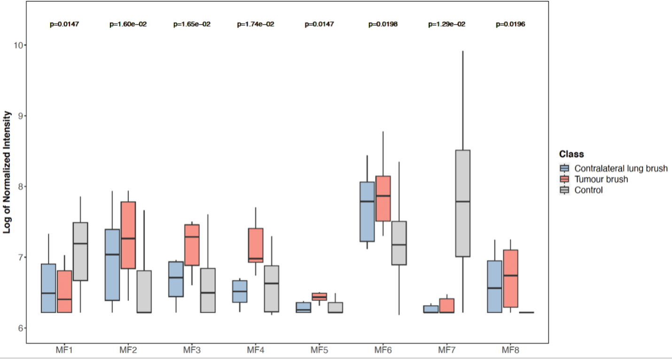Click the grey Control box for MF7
(x=462, y=203)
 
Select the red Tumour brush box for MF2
(x=128, y=235)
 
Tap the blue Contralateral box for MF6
(x=367, y=211)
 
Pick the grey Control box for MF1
(x=80, y=251)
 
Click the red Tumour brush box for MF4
(x=255, y=245)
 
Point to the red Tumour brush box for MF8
(x=510, y=278)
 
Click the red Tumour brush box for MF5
(x=319, y=297)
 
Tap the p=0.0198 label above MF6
(x=383, y=24)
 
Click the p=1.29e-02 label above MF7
(x=446, y=24)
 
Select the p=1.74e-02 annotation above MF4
(x=255, y=24)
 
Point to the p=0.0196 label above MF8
(x=510, y=24)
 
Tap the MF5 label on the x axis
(x=319, y=350)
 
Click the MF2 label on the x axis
(x=128, y=350)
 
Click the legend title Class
(x=571, y=154)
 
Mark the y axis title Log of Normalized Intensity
(x=7, y=172)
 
